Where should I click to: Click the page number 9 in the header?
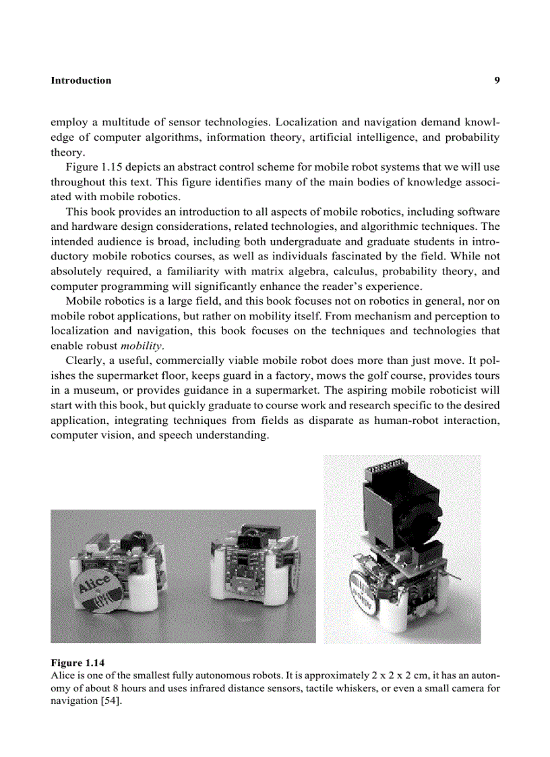pyautogui.click(x=497, y=80)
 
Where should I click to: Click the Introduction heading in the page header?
pyautogui.click(x=81, y=80)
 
